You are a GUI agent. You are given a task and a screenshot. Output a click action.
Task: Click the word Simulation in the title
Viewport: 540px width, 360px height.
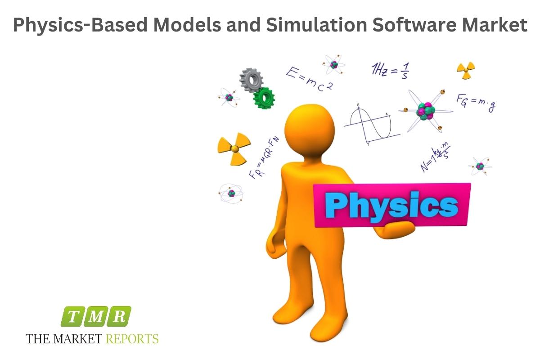316,25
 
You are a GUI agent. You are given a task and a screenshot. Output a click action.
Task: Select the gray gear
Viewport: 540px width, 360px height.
251,80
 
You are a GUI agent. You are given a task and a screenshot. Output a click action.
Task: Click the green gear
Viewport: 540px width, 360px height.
264,98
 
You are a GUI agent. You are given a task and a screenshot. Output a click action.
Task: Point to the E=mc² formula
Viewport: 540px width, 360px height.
310,79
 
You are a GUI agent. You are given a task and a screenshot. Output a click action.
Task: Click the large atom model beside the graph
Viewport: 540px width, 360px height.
426,111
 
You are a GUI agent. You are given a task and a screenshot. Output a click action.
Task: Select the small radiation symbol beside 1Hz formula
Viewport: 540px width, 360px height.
466,70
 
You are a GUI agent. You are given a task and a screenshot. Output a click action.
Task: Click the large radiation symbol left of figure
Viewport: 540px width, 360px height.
234,149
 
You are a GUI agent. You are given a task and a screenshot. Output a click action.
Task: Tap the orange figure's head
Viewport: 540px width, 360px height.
310,130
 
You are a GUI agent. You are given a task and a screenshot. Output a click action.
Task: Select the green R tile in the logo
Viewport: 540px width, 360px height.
119,316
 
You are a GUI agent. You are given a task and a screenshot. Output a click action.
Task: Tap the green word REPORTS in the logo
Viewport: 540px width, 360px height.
132,339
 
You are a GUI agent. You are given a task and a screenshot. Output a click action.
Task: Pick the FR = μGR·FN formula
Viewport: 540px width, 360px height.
264,157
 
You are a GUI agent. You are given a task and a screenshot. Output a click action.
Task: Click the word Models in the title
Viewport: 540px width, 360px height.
187,25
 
